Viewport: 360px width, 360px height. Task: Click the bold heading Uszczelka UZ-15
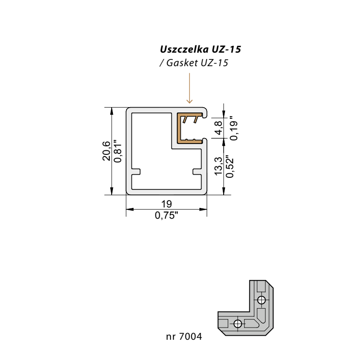coord(200,49)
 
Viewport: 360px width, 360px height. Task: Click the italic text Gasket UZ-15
coord(197,63)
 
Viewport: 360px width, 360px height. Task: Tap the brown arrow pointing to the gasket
coord(189,88)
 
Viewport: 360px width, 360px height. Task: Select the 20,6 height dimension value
coord(106,151)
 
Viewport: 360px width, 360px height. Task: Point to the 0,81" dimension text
coord(118,151)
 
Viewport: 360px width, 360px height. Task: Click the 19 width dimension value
coord(166,204)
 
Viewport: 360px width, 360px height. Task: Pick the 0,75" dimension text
coord(166,216)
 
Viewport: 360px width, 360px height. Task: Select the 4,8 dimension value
coord(218,128)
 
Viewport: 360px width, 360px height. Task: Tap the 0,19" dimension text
coord(234,128)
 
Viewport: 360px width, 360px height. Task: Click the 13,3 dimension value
coord(218,166)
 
